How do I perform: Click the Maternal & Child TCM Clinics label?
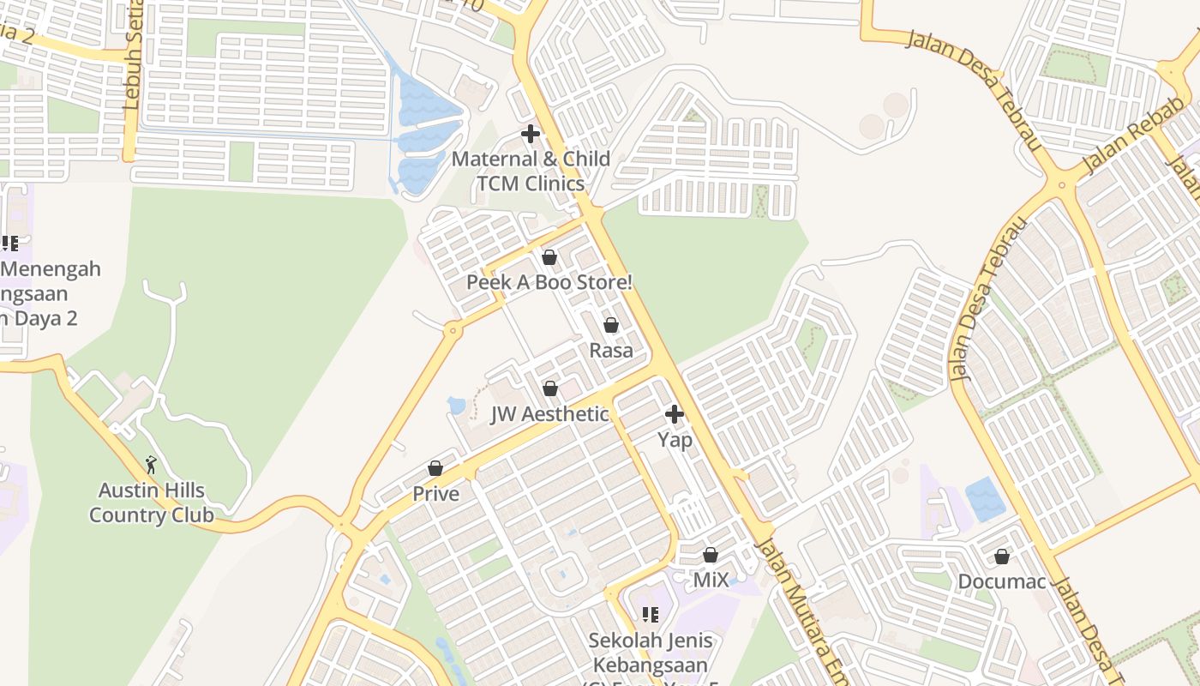[x=531, y=171]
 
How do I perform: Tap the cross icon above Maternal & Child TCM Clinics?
[x=531, y=134]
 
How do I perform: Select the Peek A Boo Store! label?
[x=549, y=282]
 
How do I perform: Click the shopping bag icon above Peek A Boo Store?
[x=549, y=257]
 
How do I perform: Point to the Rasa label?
[x=611, y=350]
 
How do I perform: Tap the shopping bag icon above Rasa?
[x=611, y=325]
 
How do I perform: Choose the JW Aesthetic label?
[x=549, y=414]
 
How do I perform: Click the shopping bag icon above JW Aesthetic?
[x=550, y=388]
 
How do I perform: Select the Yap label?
[x=675, y=440]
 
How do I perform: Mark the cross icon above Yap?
[x=675, y=415]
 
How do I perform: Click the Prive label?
[x=435, y=494]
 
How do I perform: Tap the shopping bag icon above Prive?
[x=435, y=468]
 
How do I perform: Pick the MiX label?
[x=711, y=581]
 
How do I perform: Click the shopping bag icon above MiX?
[x=711, y=555]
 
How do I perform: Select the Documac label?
[x=1002, y=581]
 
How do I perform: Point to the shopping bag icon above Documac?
[x=1002, y=557]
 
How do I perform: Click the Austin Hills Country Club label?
[x=152, y=502]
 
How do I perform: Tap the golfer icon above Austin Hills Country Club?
[x=152, y=465]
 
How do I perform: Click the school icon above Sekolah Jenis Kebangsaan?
[x=650, y=615]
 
